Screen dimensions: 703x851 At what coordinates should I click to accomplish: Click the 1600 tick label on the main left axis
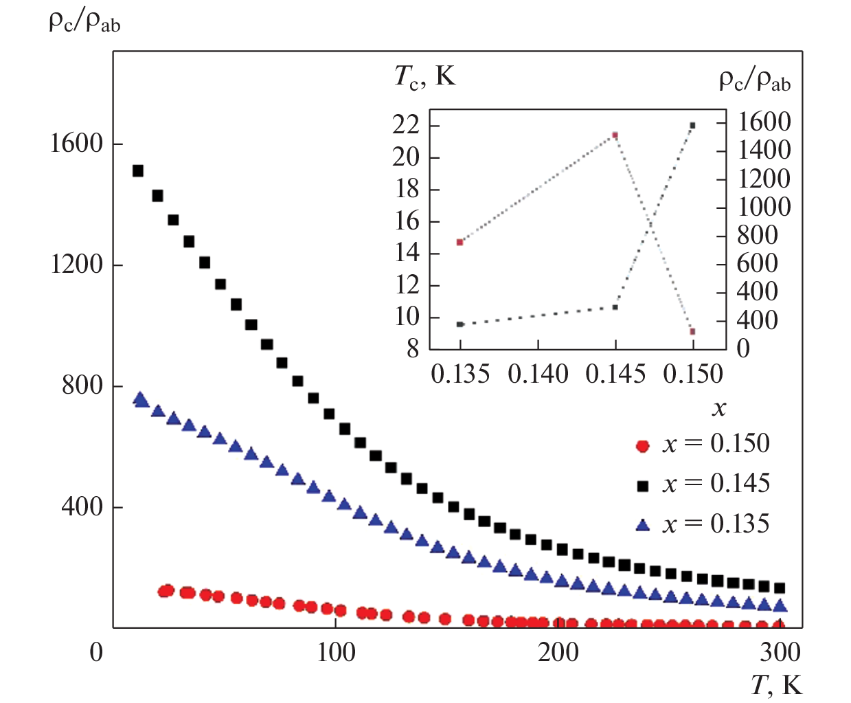76,144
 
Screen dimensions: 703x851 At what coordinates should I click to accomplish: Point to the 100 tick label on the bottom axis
336,651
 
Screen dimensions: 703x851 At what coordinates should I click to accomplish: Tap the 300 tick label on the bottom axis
780,651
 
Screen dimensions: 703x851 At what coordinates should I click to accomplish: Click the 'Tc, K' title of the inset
424,76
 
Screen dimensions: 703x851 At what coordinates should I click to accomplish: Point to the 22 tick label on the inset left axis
406,125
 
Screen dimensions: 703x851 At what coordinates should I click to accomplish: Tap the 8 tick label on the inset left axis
412,349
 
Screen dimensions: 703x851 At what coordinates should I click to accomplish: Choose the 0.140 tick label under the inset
538,375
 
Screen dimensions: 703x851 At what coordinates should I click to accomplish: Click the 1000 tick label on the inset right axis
764,207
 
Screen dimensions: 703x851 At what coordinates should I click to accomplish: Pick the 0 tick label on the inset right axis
743,349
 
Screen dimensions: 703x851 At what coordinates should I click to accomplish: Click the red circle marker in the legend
643,447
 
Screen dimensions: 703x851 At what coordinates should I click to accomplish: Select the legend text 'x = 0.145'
716,484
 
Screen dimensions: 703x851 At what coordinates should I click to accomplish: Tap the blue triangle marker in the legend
643,526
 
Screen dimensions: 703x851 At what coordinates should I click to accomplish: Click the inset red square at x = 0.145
615,135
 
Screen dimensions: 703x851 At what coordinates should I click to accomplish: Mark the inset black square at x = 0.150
692,126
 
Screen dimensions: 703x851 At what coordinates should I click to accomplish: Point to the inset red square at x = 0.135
460,242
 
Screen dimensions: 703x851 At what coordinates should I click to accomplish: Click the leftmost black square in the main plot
137,170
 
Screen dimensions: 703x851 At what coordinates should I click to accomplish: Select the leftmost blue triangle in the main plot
140,399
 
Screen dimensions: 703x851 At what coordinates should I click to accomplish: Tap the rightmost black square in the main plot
780,588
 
